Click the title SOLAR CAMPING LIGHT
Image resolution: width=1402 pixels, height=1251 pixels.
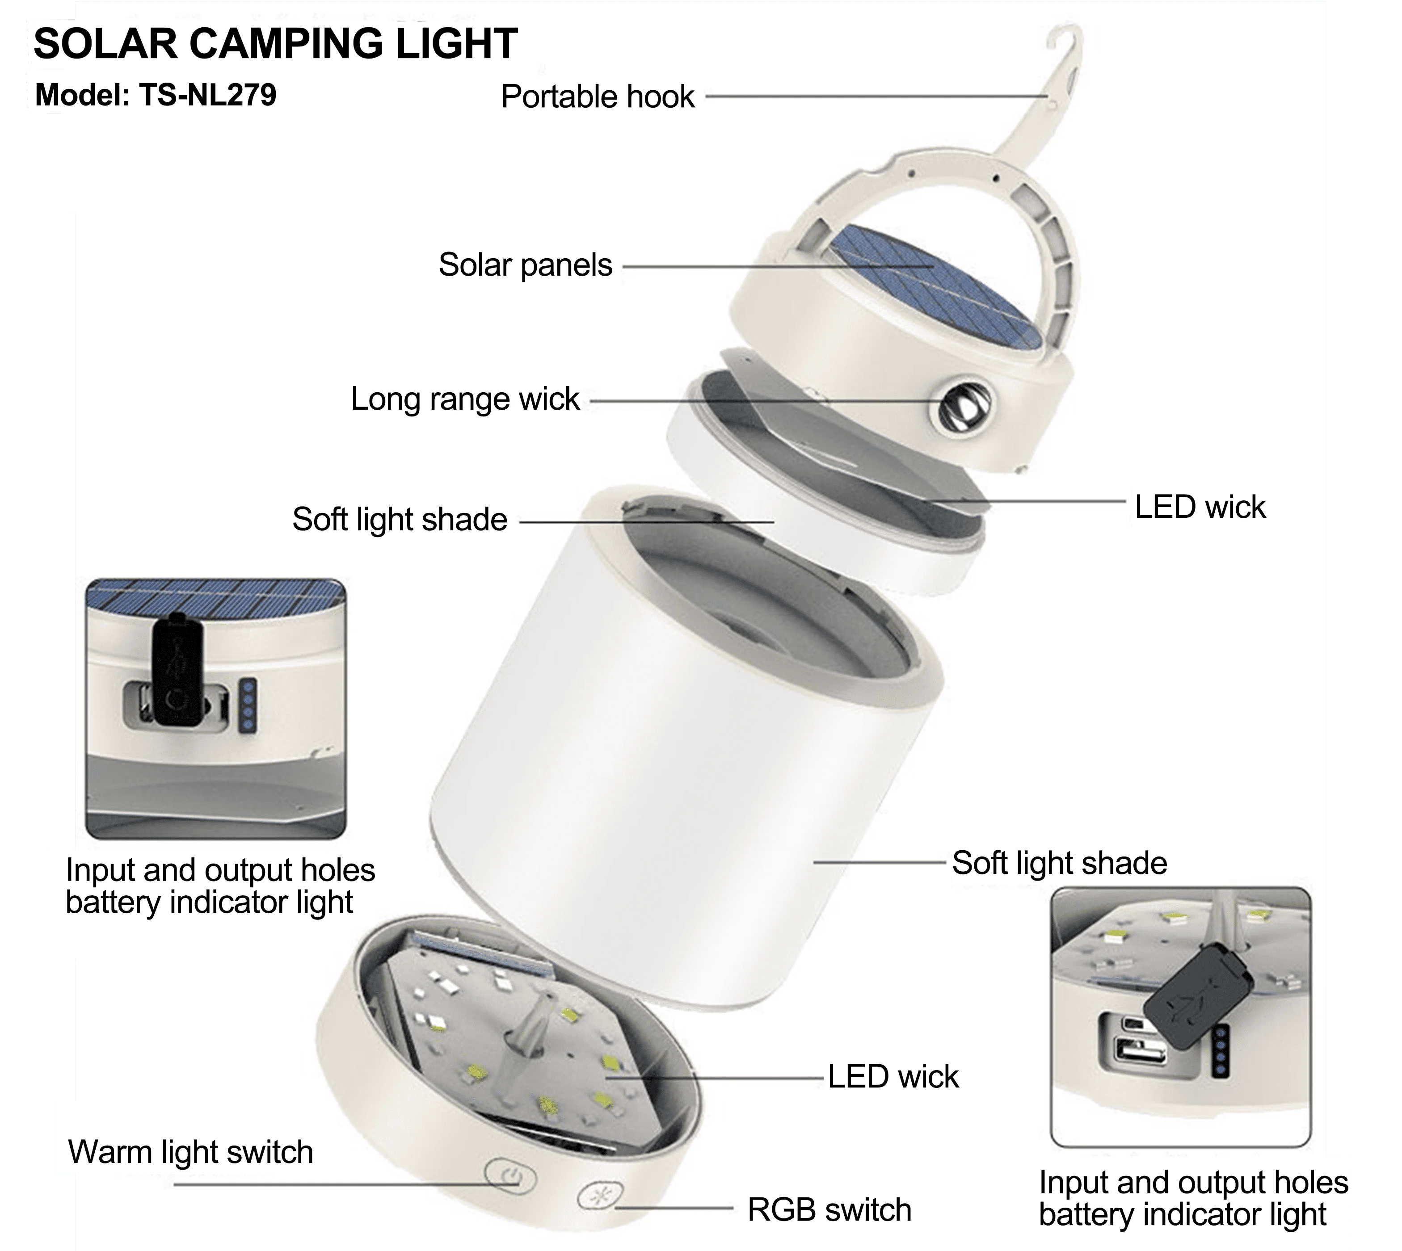pos(275,43)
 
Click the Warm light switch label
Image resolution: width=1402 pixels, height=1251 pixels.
pos(190,1151)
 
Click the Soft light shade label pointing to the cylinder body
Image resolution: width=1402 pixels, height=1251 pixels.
pos(1059,863)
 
